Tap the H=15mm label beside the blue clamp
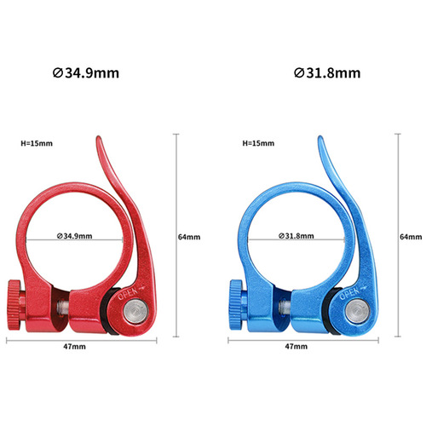258,144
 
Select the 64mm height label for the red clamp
189,236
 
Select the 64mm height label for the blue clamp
411,236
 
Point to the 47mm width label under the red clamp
74,347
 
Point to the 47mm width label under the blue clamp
296,347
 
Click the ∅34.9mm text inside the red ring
72,236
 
